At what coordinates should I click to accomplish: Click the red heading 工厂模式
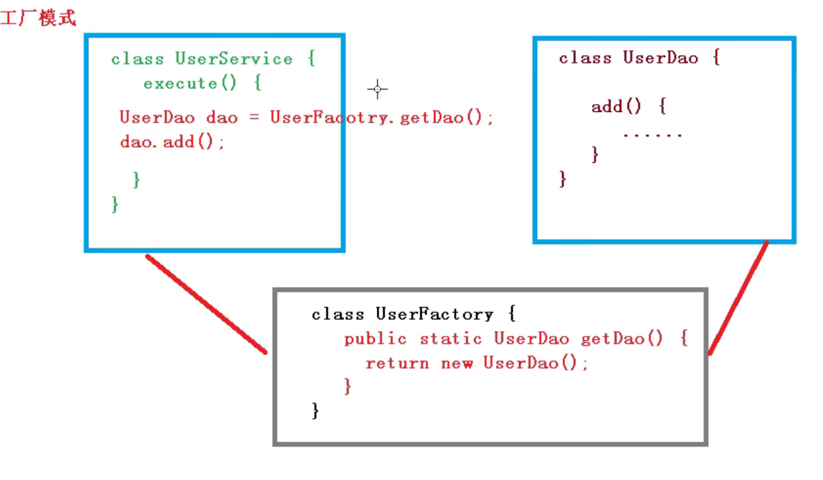coord(38,18)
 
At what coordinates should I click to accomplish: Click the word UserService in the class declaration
coord(234,58)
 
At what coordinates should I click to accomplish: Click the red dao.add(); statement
coord(173,142)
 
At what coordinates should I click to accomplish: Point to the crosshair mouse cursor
coord(377,89)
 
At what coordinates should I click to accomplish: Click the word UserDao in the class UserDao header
coord(660,58)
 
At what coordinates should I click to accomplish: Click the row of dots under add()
coord(653,134)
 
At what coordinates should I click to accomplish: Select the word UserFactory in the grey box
coord(434,314)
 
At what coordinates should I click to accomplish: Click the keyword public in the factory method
coord(375,339)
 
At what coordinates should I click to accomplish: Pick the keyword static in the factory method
coord(451,339)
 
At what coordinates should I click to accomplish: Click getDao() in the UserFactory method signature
coord(623,339)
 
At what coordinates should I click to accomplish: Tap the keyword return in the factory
coord(397,362)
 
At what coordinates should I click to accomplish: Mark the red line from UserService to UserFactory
coord(207,304)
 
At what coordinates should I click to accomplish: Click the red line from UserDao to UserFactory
coord(739,297)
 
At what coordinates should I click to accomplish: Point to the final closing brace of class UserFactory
coord(315,410)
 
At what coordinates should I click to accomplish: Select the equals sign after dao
coord(255,117)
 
